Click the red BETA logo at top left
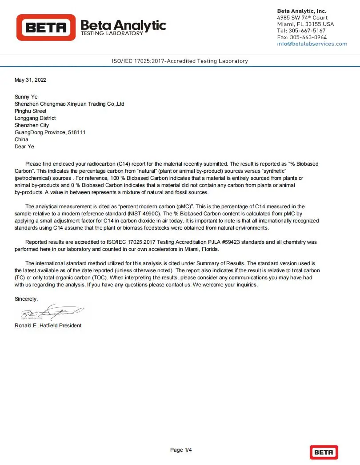(46, 28)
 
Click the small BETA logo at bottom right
(324, 452)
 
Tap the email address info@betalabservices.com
(312, 44)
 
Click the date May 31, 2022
(30, 80)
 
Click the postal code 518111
(77, 132)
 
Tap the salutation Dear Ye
(24, 147)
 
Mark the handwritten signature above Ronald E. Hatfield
(51, 313)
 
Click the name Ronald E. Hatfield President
(48, 326)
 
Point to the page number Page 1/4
(181, 450)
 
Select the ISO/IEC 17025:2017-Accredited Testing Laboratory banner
(180, 61)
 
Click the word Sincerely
(26, 299)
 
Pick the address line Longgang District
(35, 118)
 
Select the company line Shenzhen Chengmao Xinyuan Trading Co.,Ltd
(69, 104)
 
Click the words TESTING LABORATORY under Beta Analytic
(112, 33)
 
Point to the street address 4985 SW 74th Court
(302, 18)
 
